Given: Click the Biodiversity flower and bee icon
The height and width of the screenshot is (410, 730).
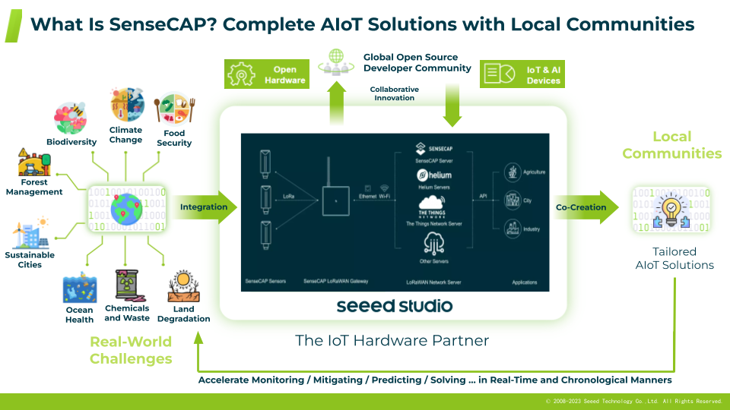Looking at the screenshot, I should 71,118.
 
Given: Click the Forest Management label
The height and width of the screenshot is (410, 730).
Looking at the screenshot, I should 34,187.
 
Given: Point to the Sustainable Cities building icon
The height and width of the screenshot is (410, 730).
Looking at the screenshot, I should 28,234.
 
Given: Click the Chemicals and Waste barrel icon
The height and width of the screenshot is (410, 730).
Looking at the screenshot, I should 127,286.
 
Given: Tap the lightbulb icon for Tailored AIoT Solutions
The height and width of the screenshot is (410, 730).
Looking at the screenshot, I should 671,210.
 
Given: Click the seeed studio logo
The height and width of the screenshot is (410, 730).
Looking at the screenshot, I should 394,306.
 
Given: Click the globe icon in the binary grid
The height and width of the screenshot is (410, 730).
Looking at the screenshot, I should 125,208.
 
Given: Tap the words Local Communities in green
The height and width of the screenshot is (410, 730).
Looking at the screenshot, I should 671,144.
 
